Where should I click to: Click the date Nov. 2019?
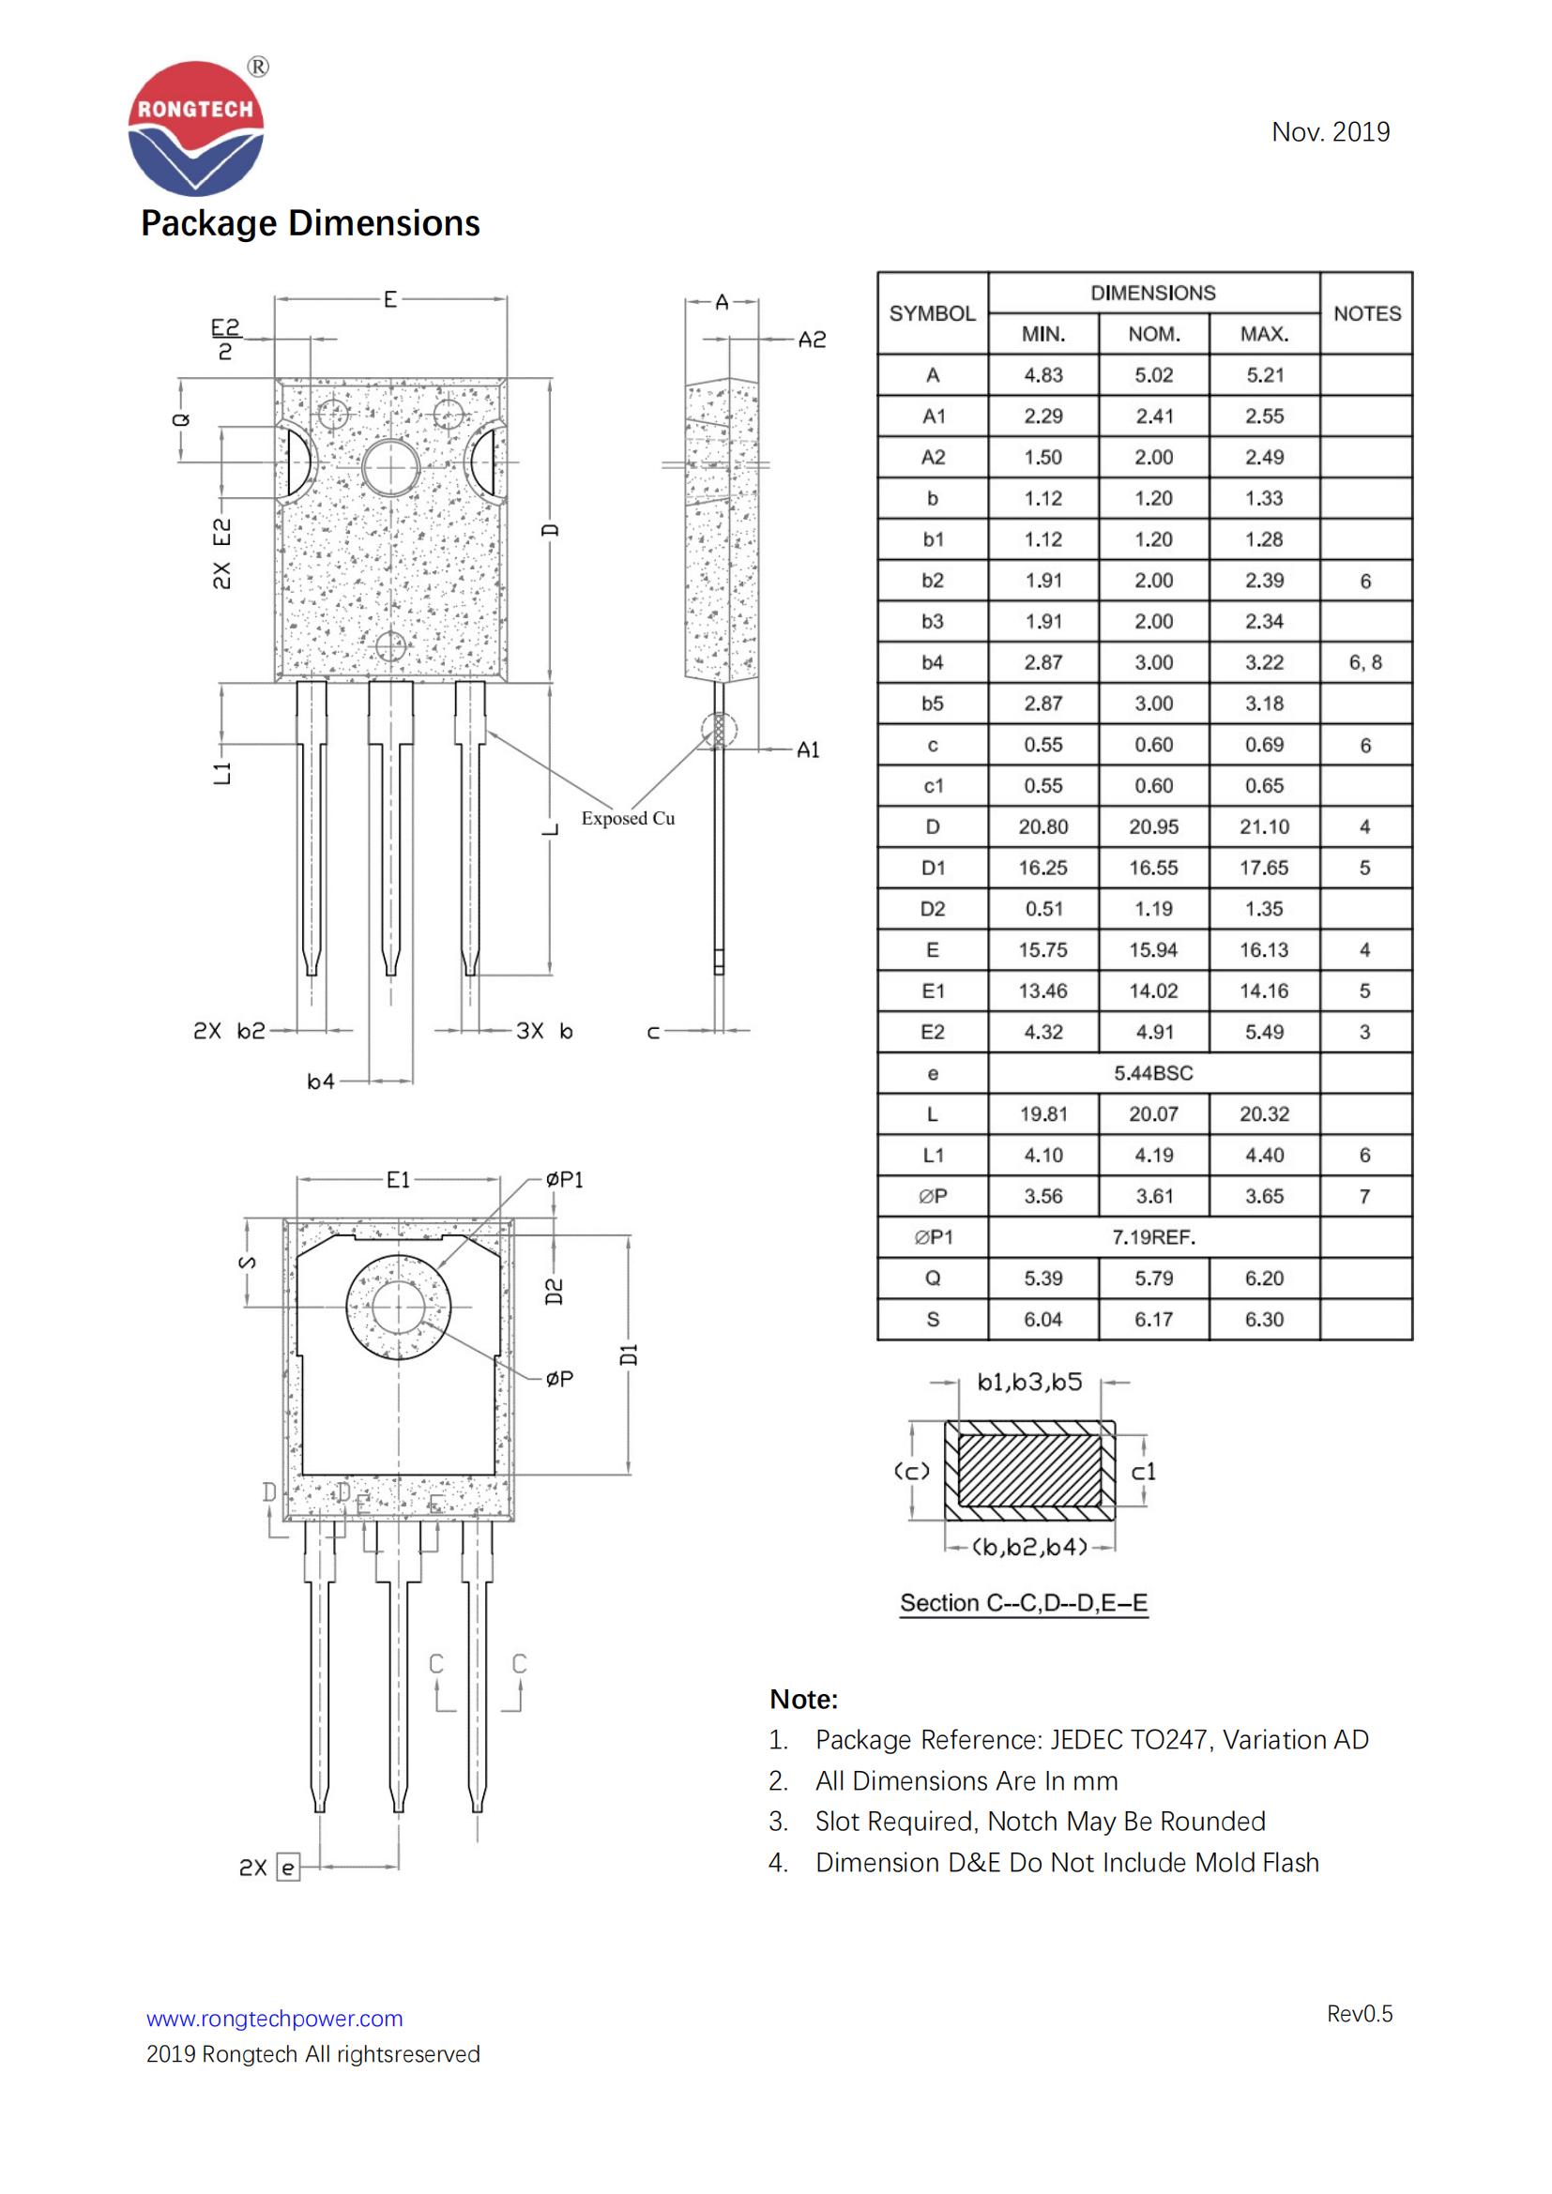click(1330, 132)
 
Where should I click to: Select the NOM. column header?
click(1153, 334)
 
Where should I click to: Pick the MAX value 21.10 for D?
click(1263, 826)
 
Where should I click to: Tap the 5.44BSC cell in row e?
click(1152, 1073)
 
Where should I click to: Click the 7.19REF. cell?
click(1152, 1237)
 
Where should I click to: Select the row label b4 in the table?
click(932, 662)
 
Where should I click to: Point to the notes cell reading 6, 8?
click(1364, 662)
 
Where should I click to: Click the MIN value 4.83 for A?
click(1042, 374)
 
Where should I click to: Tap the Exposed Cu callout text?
click(628, 818)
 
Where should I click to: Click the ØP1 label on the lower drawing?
click(564, 1180)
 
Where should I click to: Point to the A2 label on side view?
click(812, 340)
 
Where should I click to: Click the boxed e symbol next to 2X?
click(288, 1868)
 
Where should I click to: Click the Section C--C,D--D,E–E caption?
click(1024, 1602)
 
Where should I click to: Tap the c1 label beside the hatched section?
click(1143, 1472)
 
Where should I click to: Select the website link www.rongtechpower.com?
click(274, 2019)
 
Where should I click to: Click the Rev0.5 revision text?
click(1359, 2013)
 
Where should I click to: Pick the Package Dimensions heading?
click(310, 222)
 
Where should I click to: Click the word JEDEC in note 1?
click(1086, 1739)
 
